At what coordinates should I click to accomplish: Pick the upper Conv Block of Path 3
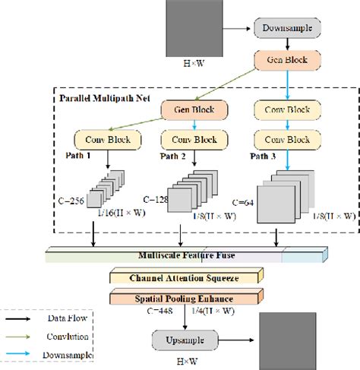[292, 110]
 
